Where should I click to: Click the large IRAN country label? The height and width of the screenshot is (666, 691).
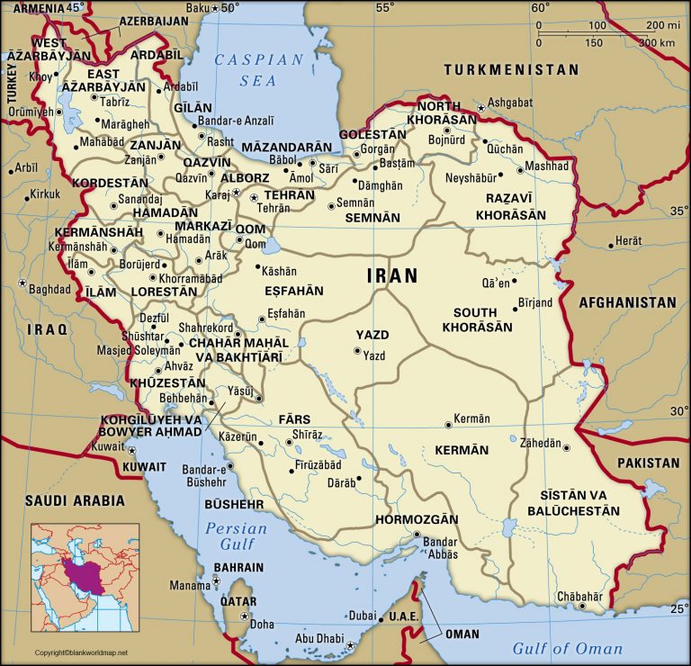392,276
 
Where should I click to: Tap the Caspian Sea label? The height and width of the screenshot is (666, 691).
259,69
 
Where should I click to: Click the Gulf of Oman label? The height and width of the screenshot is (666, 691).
567,648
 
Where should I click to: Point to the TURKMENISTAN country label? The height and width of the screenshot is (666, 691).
511,69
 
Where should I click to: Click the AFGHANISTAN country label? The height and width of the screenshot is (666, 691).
627,302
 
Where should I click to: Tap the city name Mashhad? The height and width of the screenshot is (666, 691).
547,166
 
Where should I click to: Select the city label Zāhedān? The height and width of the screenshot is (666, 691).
540,444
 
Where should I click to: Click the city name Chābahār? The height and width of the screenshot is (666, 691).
579,596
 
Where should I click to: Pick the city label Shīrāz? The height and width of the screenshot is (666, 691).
307,434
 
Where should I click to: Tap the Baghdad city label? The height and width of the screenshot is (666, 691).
49,290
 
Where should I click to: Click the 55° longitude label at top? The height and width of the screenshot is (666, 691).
385,8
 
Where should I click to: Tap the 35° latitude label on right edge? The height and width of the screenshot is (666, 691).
678,211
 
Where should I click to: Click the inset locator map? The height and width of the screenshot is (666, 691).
85,578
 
